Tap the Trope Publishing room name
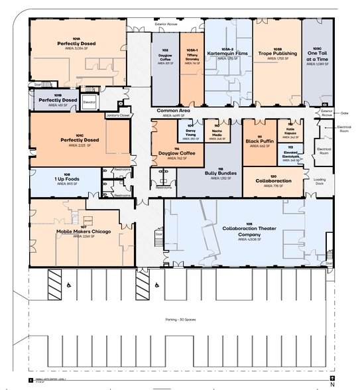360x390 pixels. (x=276, y=53)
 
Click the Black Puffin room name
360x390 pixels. (x=260, y=141)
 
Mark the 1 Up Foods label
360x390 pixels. (x=67, y=178)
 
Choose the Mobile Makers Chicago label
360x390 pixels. (x=84, y=231)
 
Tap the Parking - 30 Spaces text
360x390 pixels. (x=179, y=320)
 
